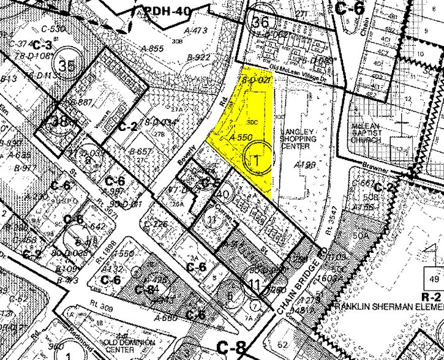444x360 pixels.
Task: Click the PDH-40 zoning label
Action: (x=164, y=11)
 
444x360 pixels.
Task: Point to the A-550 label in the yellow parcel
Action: (x=240, y=139)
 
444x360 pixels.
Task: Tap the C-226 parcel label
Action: (x=156, y=223)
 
